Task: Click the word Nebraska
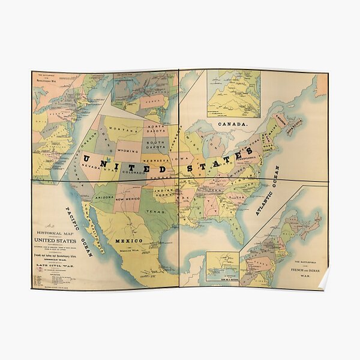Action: pos(164,161)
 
